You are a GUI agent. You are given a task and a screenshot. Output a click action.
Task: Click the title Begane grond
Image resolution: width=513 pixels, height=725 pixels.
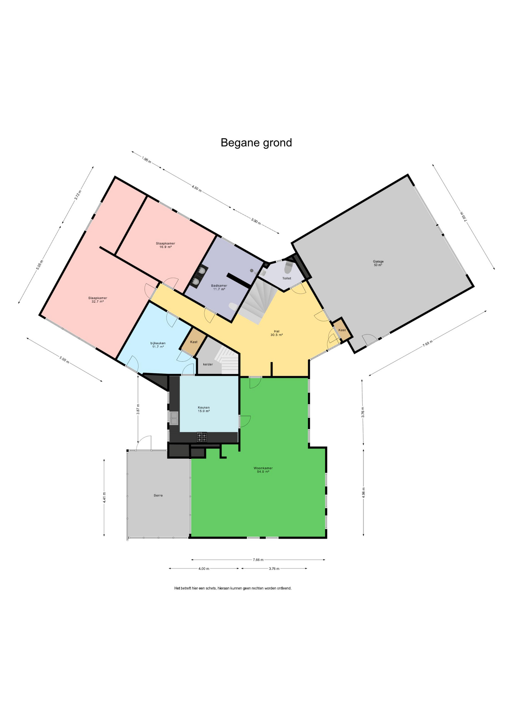(x=256, y=143)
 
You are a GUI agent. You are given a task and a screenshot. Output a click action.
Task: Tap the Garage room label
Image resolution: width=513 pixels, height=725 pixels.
(x=378, y=263)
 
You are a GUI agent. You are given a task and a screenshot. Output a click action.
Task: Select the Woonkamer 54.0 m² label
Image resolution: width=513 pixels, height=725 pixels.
(x=263, y=470)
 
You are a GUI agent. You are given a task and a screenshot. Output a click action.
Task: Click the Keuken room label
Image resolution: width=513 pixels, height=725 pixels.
(x=204, y=409)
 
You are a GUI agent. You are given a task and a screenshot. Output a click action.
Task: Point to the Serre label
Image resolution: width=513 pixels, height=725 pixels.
(x=158, y=495)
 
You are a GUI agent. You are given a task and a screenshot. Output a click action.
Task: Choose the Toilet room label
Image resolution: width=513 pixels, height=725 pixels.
(x=287, y=278)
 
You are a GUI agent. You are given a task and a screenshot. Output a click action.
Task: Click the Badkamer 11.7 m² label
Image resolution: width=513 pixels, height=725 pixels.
(x=219, y=287)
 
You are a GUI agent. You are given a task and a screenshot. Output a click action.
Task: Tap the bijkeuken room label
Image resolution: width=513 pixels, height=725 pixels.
(x=158, y=345)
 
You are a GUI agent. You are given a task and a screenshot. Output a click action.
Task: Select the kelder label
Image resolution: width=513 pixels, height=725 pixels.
(x=208, y=364)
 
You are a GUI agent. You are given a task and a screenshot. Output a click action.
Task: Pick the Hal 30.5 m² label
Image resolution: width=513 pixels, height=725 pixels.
(x=277, y=333)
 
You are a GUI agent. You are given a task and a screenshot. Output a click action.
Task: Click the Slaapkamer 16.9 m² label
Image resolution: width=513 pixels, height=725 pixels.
(x=165, y=245)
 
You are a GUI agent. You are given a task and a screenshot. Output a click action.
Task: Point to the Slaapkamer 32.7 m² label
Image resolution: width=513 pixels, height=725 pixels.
(x=97, y=299)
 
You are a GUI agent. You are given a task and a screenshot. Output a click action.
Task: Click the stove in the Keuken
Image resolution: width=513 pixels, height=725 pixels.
(x=202, y=437)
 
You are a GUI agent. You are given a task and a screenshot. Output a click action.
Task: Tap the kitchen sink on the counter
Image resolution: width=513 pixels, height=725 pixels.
(x=174, y=418)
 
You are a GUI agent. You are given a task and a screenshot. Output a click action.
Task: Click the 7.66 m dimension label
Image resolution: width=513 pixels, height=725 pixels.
(x=258, y=560)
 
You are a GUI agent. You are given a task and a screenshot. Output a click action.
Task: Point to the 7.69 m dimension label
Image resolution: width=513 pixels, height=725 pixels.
(x=428, y=343)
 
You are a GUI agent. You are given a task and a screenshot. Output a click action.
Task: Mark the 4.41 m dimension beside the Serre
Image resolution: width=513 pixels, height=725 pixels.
(x=104, y=497)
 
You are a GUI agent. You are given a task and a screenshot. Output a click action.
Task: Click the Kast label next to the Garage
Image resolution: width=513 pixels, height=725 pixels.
(x=342, y=330)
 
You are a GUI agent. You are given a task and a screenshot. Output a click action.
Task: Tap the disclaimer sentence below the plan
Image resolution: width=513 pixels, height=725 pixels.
(x=233, y=588)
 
